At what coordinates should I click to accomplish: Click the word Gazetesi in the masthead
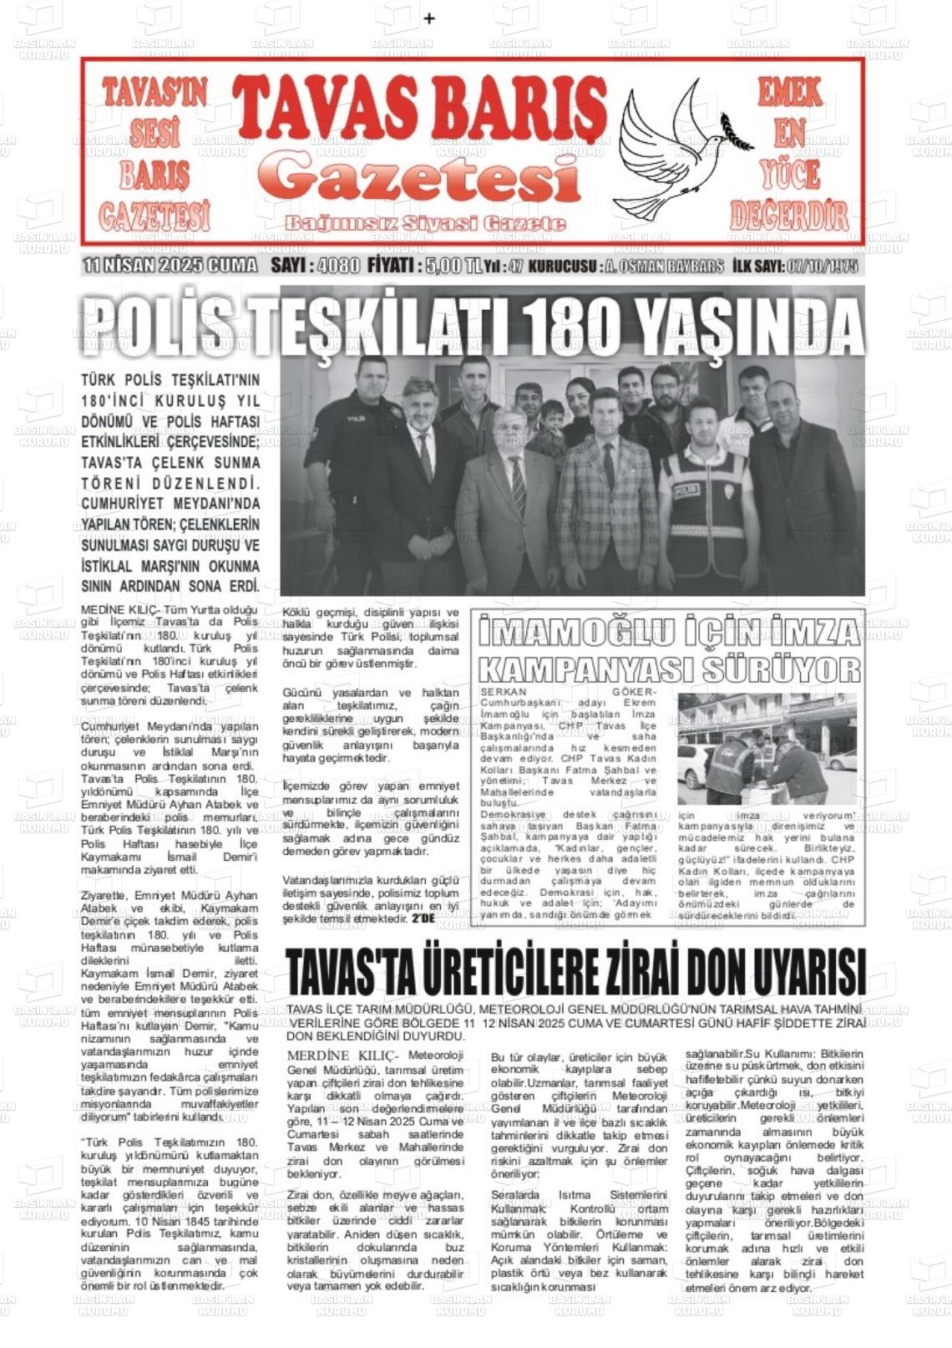pos(426,177)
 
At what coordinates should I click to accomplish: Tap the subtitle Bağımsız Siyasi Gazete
pos(425,223)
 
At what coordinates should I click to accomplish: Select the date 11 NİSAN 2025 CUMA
pos(170,266)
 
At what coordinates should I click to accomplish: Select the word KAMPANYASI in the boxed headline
pos(588,669)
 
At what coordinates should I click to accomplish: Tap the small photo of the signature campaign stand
pos(767,748)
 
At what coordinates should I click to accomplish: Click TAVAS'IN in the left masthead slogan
pos(154,93)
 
